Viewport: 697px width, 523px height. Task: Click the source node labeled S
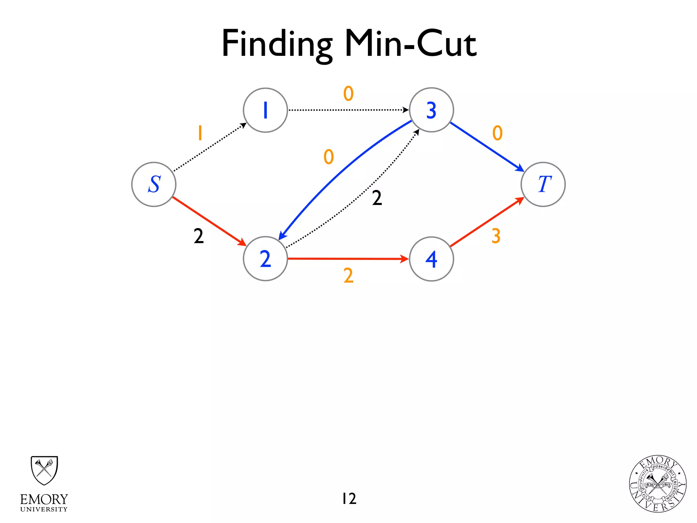point(154,185)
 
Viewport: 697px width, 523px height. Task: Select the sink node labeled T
point(543,185)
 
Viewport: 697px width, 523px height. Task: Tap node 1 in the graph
point(265,110)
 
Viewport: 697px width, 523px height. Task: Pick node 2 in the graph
point(265,259)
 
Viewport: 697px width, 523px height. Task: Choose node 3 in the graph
point(432,110)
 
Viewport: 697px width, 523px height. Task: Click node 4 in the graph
point(432,259)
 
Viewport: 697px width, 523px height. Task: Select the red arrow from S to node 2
point(209,221)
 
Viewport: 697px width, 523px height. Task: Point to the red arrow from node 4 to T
point(487,222)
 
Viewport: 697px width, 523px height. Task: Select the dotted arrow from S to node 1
point(210,147)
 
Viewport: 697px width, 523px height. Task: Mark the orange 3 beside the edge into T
point(496,236)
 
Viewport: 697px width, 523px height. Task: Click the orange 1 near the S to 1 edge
point(200,133)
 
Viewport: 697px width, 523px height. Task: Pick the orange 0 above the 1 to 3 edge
point(348,93)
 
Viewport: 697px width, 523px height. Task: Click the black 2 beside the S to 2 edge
point(199,236)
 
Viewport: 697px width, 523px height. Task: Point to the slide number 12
point(349,498)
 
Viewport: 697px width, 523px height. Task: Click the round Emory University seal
point(658,484)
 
